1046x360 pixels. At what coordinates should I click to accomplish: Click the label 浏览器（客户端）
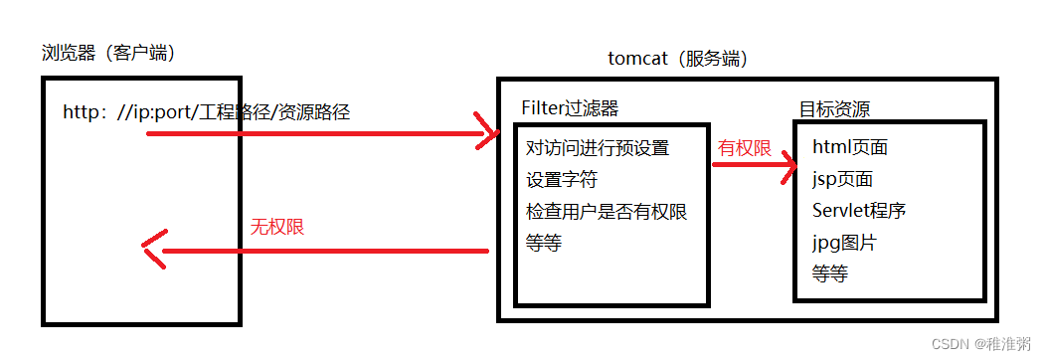point(109,53)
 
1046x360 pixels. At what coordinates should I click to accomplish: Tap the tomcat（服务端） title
point(677,58)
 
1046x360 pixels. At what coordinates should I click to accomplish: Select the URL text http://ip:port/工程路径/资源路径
point(206,112)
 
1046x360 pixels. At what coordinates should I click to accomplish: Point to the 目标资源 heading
point(835,108)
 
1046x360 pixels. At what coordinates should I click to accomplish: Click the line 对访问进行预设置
point(598,148)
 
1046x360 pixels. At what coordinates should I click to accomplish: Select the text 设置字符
point(562,180)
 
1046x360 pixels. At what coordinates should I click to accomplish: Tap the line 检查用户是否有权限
point(607,212)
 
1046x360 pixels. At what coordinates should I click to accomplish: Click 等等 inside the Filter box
point(544,244)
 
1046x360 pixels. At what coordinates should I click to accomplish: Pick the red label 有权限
point(745,148)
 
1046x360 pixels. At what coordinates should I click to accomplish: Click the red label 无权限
point(276,227)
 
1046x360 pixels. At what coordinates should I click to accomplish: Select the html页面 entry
point(850,148)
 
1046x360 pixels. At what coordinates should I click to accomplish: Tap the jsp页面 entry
point(842,180)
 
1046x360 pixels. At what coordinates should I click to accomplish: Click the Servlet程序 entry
point(858,211)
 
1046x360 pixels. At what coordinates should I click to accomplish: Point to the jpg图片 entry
point(844,243)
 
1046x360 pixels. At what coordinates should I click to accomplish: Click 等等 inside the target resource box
point(830,273)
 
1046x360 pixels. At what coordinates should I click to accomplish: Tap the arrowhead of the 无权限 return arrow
point(152,250)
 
